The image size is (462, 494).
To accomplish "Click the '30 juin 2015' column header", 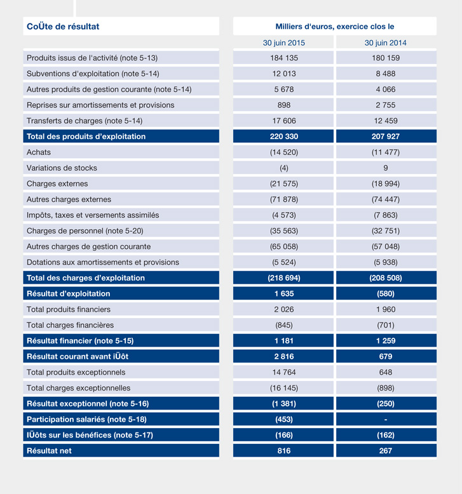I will pyautogui.click(x=284, y=43).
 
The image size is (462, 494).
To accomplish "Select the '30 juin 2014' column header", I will pyautogui.click(x=386, y=43).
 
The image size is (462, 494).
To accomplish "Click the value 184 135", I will pyautogui.click(x=284, y=58).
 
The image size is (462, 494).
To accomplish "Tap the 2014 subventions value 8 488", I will pyautogui.click(x=386, y=74).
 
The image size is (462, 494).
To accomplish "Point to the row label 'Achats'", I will pyautogui.click(x=39, y=152).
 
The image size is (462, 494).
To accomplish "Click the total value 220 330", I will pyautogui.click(x=284, y=137).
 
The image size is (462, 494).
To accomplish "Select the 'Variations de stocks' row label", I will pyautogui.click(x=62, y=168).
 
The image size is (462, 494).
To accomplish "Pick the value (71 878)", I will pyautogui.click(x=284, y=199).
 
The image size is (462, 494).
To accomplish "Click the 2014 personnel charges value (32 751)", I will pyautogui.click(x=386, y=231).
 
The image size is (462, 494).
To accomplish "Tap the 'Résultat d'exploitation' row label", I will pyautogui.click(x=68, y=294).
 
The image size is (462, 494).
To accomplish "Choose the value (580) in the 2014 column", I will pyautogui.click(x=386, y=294).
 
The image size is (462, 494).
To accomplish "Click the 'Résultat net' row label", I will pyautogui.click(x=49, y=451).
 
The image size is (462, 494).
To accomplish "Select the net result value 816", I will pyautogui.click(x=284, y=451).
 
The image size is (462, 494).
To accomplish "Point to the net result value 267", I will pyautogui.click(x=386, y=451).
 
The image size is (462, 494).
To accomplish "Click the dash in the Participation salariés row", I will pyautogui.click(x=386, y=420).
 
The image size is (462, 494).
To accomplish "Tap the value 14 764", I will pyautogui.click(x=284, y=372).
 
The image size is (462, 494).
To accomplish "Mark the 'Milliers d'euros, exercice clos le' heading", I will pyautogui.click(x=335, y=27).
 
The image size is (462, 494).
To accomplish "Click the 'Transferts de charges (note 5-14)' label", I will pyautogui.click(x=85, y=121).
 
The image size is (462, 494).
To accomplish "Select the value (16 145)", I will pyautogui.click(x=284, y=388).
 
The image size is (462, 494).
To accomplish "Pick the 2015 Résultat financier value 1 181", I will pyautogui.click(x=284, y=341).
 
